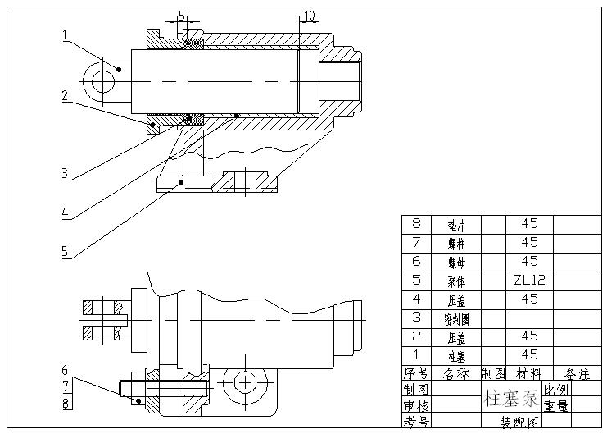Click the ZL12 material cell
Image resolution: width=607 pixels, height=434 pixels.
[529, 280]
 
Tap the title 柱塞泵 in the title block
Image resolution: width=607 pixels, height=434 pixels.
[511, 400]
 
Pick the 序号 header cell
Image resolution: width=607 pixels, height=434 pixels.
[415, 374]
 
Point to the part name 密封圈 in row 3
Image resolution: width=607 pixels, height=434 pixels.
[457, 318]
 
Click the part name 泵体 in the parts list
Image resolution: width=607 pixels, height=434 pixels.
[457, 280]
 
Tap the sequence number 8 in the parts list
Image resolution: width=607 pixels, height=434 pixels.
[415, 223]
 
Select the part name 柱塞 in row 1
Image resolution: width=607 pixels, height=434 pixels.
[457, 355]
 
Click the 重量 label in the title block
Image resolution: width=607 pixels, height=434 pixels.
[555, 406]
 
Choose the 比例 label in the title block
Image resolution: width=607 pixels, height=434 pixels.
[555, 390]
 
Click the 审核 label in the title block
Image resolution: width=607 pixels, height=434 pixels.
[415, 406]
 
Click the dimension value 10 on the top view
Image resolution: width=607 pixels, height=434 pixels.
[309, 16]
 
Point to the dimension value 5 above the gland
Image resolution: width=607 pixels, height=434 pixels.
[181, 15]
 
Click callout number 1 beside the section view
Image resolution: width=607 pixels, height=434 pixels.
[65, 34]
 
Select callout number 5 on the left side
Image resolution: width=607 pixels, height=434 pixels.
[65, 252]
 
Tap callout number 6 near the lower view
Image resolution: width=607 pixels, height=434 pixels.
[65, 370]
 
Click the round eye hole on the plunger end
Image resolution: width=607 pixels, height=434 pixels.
[103, 81]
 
